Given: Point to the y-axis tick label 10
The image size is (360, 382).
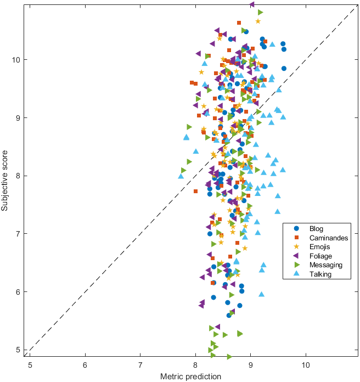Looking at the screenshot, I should coord(18,59).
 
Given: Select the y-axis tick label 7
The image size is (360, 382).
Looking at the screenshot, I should coord(20,234).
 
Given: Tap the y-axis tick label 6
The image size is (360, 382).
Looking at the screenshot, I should coord(20,292).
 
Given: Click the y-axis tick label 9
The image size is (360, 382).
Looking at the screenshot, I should coord(20,117).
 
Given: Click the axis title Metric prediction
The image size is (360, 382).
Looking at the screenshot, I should coord(190,377).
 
